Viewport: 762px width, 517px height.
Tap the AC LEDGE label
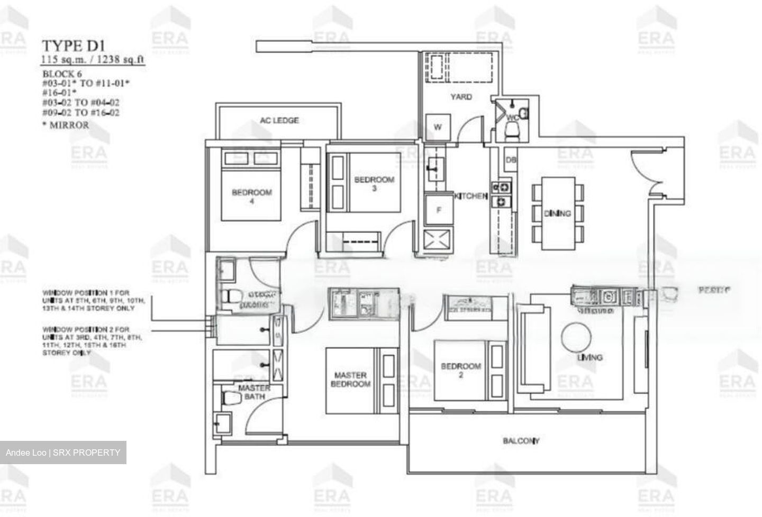279,121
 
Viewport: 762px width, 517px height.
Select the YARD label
461,97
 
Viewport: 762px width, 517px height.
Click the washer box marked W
438,127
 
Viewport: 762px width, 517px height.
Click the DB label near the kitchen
511,160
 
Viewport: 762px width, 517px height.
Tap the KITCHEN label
470,196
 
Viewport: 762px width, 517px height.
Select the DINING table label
557,214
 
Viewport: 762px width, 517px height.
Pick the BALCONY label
521,440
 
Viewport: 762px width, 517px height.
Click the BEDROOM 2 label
461,370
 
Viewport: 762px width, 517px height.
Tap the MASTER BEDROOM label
350,379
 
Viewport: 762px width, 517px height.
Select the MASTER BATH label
254,392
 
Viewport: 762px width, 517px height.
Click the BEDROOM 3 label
374,183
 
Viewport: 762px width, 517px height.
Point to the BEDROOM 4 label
251,196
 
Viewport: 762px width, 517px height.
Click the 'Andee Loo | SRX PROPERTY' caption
63,453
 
